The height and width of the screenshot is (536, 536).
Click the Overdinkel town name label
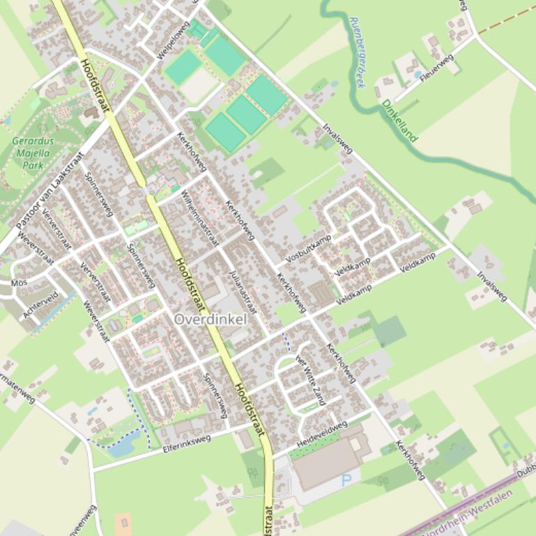tap(210, 320)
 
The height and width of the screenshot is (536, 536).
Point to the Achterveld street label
tap(41, 305)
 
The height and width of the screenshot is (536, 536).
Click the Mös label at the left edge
tap(20, 283)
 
